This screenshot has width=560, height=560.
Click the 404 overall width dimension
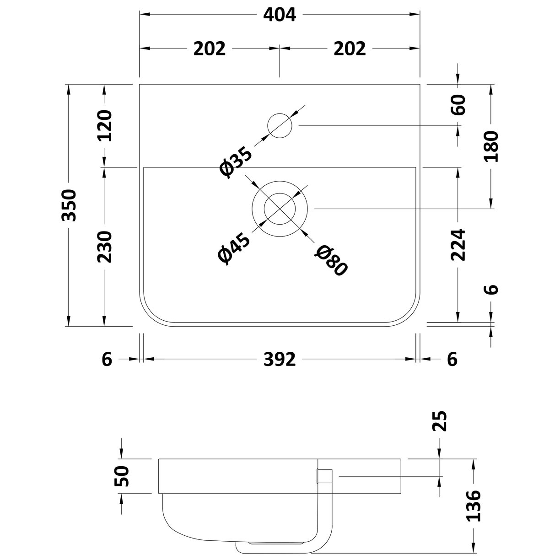pos(280,15)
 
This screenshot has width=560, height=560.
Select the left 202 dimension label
pos(210,48)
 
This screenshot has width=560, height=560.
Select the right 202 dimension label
pos(350,48)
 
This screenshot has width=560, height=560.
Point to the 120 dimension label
pos(104,126)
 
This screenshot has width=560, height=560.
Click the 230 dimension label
pos(104,247)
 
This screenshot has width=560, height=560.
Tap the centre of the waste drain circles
pos(280,209)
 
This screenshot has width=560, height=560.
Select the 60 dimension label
pos(459,105)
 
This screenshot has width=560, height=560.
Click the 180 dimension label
pos(491,146)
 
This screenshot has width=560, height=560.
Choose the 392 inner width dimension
pos(280,360)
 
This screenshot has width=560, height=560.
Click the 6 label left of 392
pos(107,360)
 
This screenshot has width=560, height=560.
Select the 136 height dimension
pos(474,506)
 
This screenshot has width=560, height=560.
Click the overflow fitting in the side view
pos(324,476)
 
